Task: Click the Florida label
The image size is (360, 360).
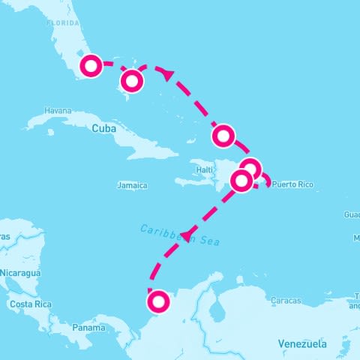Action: [x=63, y=23]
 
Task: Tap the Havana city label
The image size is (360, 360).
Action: [x=57, y=110]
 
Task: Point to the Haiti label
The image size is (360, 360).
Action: [x=204, y=170]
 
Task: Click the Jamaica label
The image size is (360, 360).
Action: [x=133, y=185]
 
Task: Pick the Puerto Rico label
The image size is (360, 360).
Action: [x=293, y=184]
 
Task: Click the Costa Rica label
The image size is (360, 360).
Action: [x=31, y=304]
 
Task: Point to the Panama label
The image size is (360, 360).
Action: [x=88, y=328]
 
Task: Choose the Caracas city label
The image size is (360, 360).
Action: [x=286, y=301]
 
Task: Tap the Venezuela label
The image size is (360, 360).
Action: [x=302, y=343]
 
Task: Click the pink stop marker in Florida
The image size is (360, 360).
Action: [x=91, y=66]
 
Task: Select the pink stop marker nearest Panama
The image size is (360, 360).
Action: [x=158, y=302]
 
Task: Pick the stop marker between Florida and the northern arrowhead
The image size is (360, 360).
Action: [x=133, y=79]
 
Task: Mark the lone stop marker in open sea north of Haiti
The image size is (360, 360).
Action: [x=223, y=136]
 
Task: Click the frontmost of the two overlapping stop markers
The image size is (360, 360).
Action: [x=241, y=181]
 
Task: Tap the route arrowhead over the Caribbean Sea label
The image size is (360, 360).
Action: [x=184, y=236]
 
